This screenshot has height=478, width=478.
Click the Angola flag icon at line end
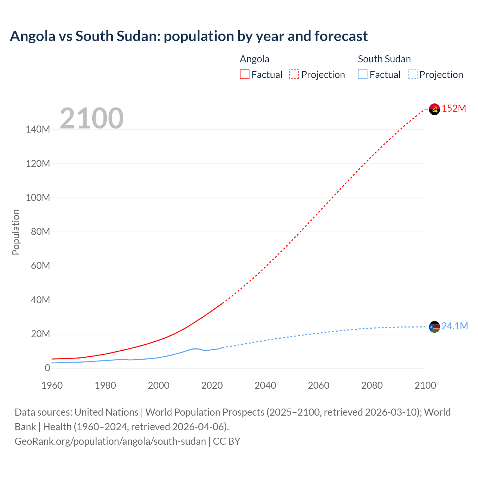(434, 109)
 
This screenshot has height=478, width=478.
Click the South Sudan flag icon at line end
(434, 327)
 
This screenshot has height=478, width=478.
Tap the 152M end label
(454, 108)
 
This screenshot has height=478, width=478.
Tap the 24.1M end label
(454, 326)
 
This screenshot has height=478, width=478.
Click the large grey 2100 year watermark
(91, 118)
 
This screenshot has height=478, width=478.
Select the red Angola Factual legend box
(245, 74)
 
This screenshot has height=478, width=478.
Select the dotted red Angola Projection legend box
(294, 74)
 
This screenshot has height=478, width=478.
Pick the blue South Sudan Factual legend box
(363, 74)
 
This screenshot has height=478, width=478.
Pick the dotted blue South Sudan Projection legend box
(413, 74)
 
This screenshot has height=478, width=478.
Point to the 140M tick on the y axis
(38, 130)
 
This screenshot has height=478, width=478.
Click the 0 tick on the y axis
(47, 368)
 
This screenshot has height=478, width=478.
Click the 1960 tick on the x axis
(52, 385)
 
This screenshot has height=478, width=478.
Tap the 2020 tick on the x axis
(212, 385)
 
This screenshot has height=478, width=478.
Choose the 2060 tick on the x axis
(319, 385)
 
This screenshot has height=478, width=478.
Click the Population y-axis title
(16, 232)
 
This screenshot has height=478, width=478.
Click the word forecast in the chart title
(341, 36)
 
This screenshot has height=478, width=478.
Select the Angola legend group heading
(254, 59)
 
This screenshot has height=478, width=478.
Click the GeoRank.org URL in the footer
(110, 441)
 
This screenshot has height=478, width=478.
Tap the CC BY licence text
(227, 441)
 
